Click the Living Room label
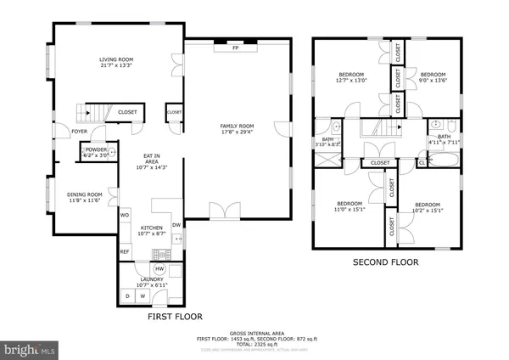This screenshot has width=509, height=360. pos(116,59)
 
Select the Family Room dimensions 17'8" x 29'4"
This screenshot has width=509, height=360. pos(237,132)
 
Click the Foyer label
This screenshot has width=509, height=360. pos(80,132)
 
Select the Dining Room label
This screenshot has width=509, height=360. pos(84,194)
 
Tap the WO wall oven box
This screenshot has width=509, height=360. pos(123,215)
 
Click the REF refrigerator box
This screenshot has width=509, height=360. pos(124,251)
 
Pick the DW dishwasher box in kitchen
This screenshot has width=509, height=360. pos(176,224)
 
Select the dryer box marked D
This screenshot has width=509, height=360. pos(127,295)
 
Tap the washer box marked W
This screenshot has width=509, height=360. pos(142,295)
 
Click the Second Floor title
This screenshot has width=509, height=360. pos(386,262)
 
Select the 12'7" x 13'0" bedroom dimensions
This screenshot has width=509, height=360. pos(351,81)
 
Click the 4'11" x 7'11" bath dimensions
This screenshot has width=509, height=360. pos(444,142)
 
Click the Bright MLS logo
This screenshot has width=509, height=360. pos(30,348)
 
